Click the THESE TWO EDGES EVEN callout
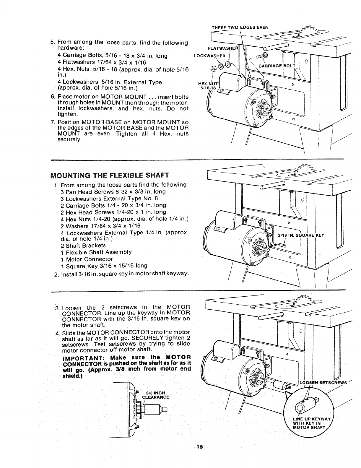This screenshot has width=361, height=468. click(x=240, y=27)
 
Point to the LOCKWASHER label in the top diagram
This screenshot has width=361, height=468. click(x=209, y=56)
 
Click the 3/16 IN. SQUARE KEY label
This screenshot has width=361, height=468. click(x=301, y=235)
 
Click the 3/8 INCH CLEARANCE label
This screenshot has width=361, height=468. click(x=155, y=395)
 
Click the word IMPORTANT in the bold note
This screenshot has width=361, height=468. click(x=81, y=358)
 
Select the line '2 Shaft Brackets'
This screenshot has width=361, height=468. click(x=83, y=246)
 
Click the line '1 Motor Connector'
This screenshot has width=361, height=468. click(x=87, y=259)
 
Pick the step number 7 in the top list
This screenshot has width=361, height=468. click(x=53, y=122)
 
